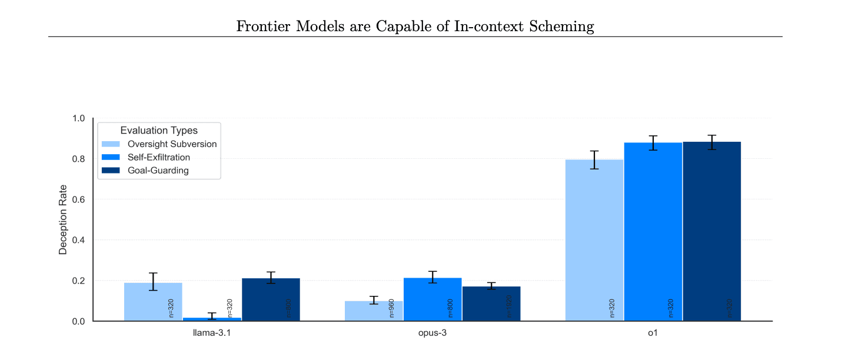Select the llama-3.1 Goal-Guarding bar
click(x=271, y=299)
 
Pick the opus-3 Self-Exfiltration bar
click(x=433, y=299)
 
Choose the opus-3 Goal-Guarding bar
click(x=491, y=304)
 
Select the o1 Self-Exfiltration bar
click(x=653, y=232)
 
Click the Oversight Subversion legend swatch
click(x=111, y=144)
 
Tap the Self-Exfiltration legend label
click(x=159, y=158)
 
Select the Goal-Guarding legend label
click(x=158, y=171)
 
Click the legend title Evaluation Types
click(x=159, y=131)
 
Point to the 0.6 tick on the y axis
click(x=78, y=199)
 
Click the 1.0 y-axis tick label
click(x=78, y=118)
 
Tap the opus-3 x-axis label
click(x=433, y=334)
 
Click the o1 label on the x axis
click(x=653, y=334)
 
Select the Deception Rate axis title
click(x=63, y=219)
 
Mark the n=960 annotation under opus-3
click(x=392, y=308)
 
